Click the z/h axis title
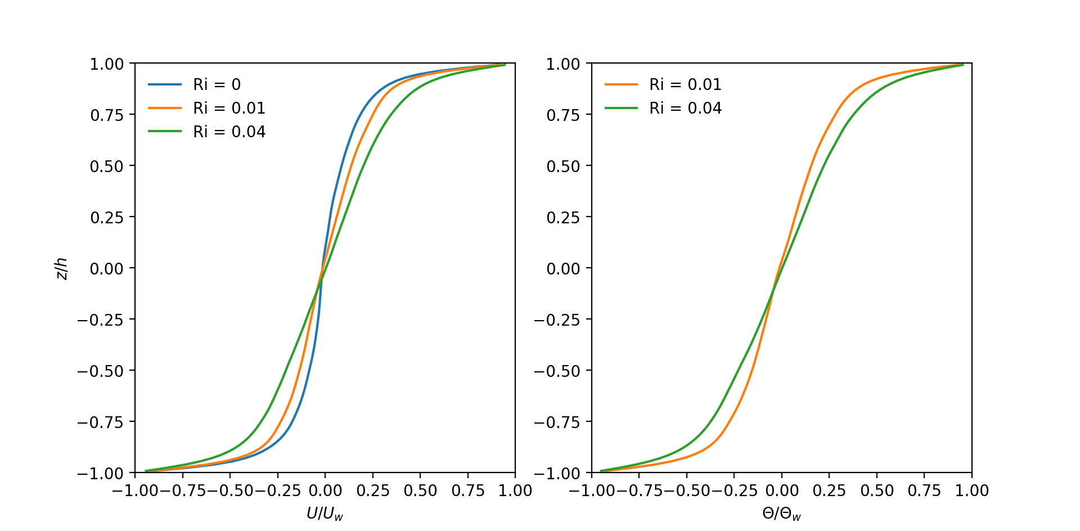click(62, 268)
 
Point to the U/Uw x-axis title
click(325, 513)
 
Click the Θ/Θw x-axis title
click(781, 513)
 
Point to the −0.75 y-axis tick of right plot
click(557, 422)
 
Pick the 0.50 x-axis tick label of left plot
click(420, 490)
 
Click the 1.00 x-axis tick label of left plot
click(515, 490)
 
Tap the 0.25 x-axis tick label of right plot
click(829, 490)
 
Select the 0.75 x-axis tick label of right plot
click(924, 490)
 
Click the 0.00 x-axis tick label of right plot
click(781, 490)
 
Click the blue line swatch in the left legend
click(165, 84)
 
